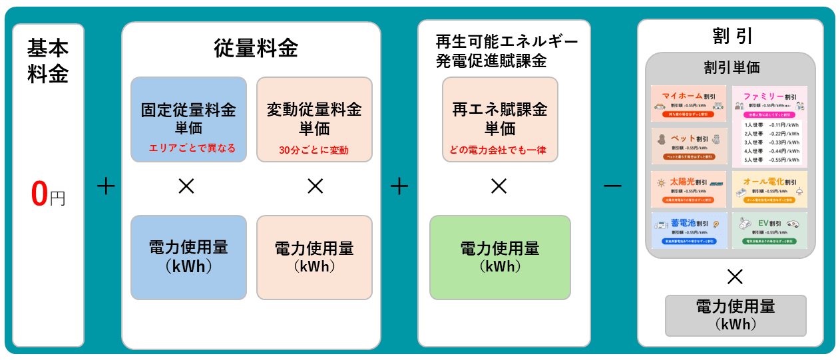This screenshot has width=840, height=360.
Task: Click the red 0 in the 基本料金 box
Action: click(x=40, y=193)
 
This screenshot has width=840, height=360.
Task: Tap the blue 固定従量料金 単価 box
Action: click(x=188, y=118)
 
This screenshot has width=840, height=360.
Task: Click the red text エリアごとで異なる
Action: click(x=192, y=148)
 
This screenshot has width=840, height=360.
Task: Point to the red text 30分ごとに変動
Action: click(x=314, y=150)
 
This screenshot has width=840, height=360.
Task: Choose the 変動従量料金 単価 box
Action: click(x=314, y=118)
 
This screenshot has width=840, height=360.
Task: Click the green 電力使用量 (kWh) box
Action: click(x=500, y=257)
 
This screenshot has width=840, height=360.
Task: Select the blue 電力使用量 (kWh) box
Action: click(x=188, y=257)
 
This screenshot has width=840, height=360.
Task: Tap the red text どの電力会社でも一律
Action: click(x=499, y=150)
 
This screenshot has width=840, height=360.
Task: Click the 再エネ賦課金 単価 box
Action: click(x=500, y=118)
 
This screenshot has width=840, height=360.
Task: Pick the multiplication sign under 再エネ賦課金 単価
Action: click(x=499, y=187)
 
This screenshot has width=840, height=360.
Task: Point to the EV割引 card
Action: click(x=769, y=230)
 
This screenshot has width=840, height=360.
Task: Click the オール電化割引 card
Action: click(x=769, y=189)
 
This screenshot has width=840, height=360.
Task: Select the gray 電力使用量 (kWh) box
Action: click(x=735, y=315)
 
